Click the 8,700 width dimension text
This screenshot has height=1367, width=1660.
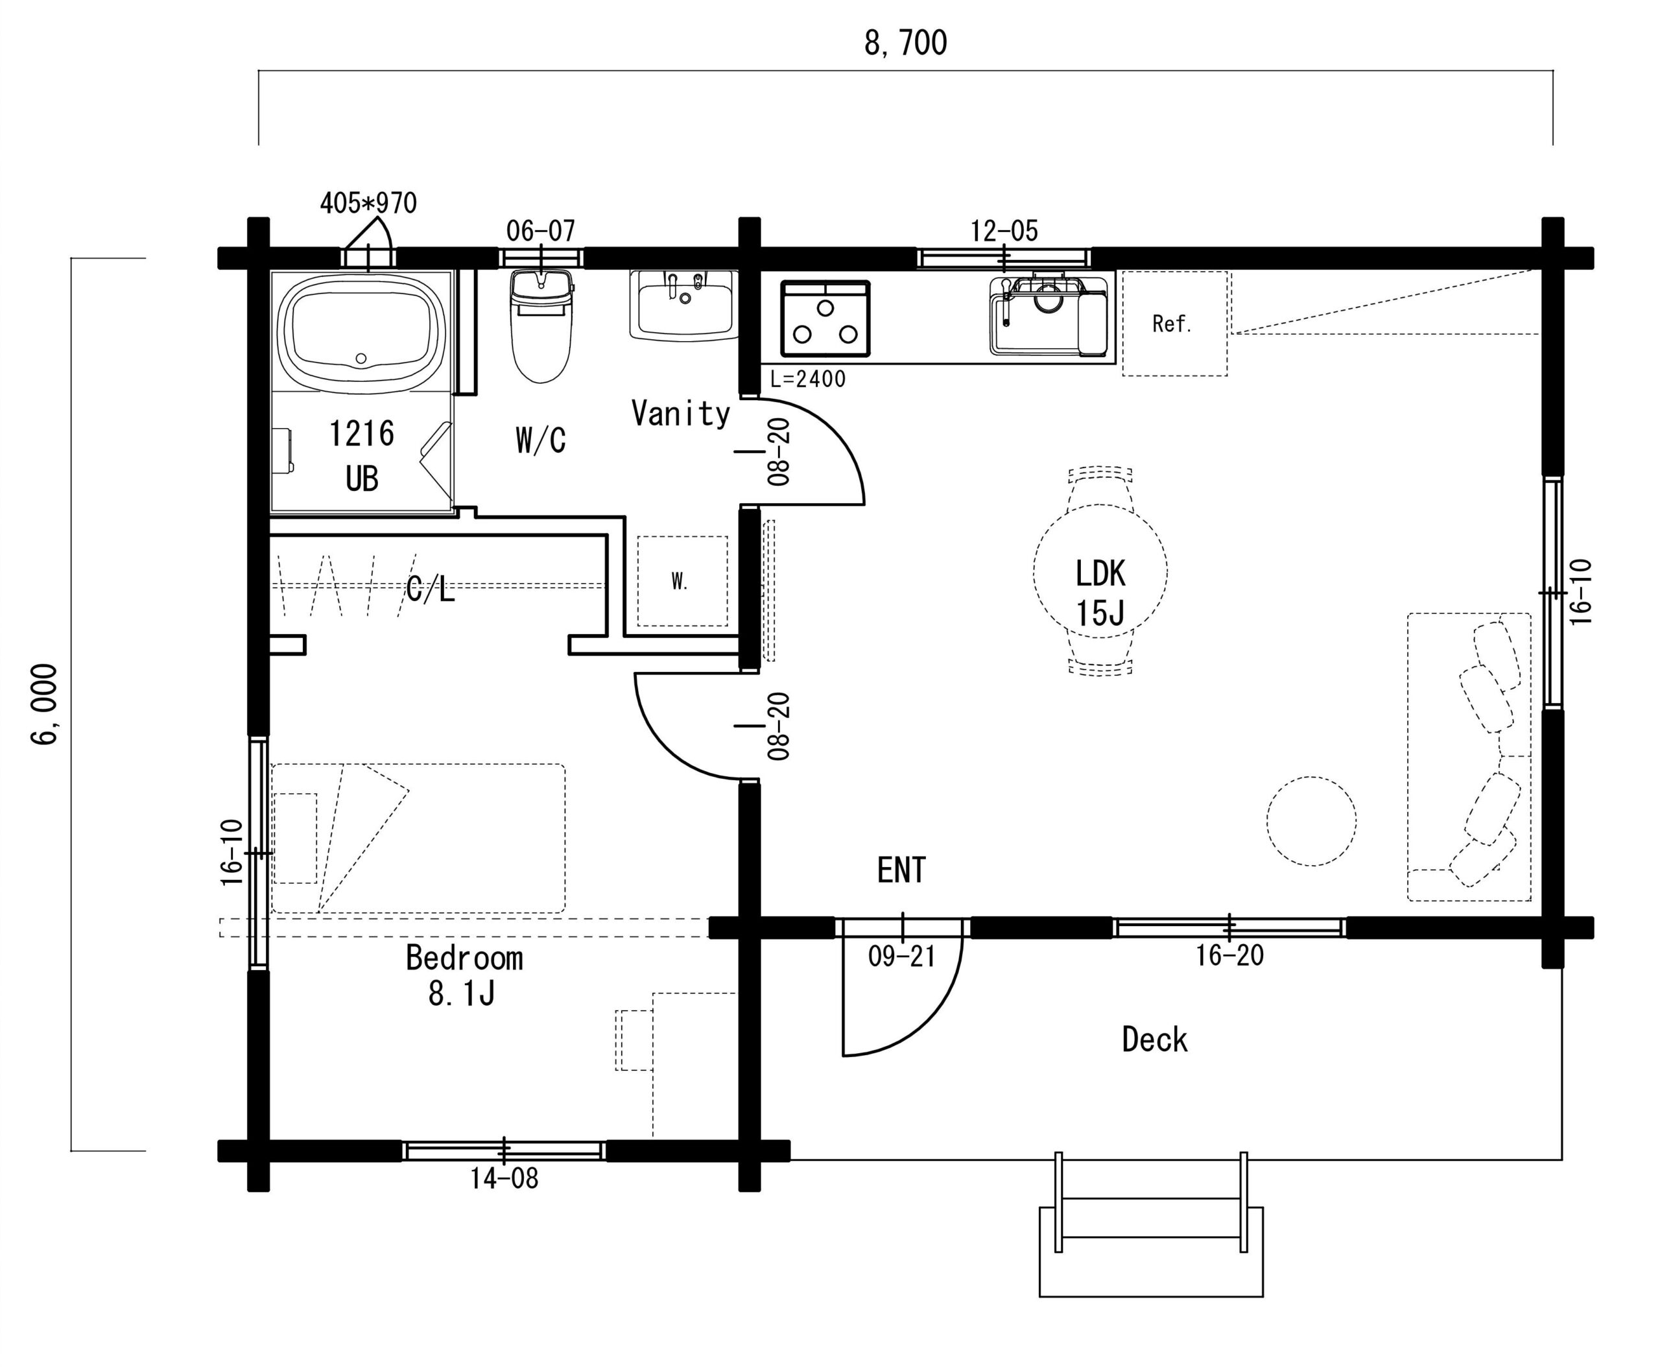[906, 43]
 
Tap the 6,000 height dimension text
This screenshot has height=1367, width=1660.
[45, 704]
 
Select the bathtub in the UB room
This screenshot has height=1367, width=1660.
[361, 331]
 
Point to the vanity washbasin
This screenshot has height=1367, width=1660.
[683, 305]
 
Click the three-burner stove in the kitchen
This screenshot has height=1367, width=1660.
[825, 319]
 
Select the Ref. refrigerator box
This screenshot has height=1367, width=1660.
[1174, 324]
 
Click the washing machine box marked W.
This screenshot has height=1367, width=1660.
[682, 581]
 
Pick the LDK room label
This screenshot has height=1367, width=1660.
[1100, 574]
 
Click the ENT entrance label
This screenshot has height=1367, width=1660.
[902, 870]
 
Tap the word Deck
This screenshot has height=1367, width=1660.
[1154, 1040]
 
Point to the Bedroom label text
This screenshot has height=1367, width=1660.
[464, 958]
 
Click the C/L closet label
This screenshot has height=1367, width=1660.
[431, 588]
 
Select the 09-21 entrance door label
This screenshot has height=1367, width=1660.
[902, 957]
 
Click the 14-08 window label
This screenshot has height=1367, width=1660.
[504, 1179]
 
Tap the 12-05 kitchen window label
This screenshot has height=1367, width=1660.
[1004, 232]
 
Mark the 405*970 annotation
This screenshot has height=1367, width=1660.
[368, 203]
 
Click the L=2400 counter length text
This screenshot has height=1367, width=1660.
[808, 379]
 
